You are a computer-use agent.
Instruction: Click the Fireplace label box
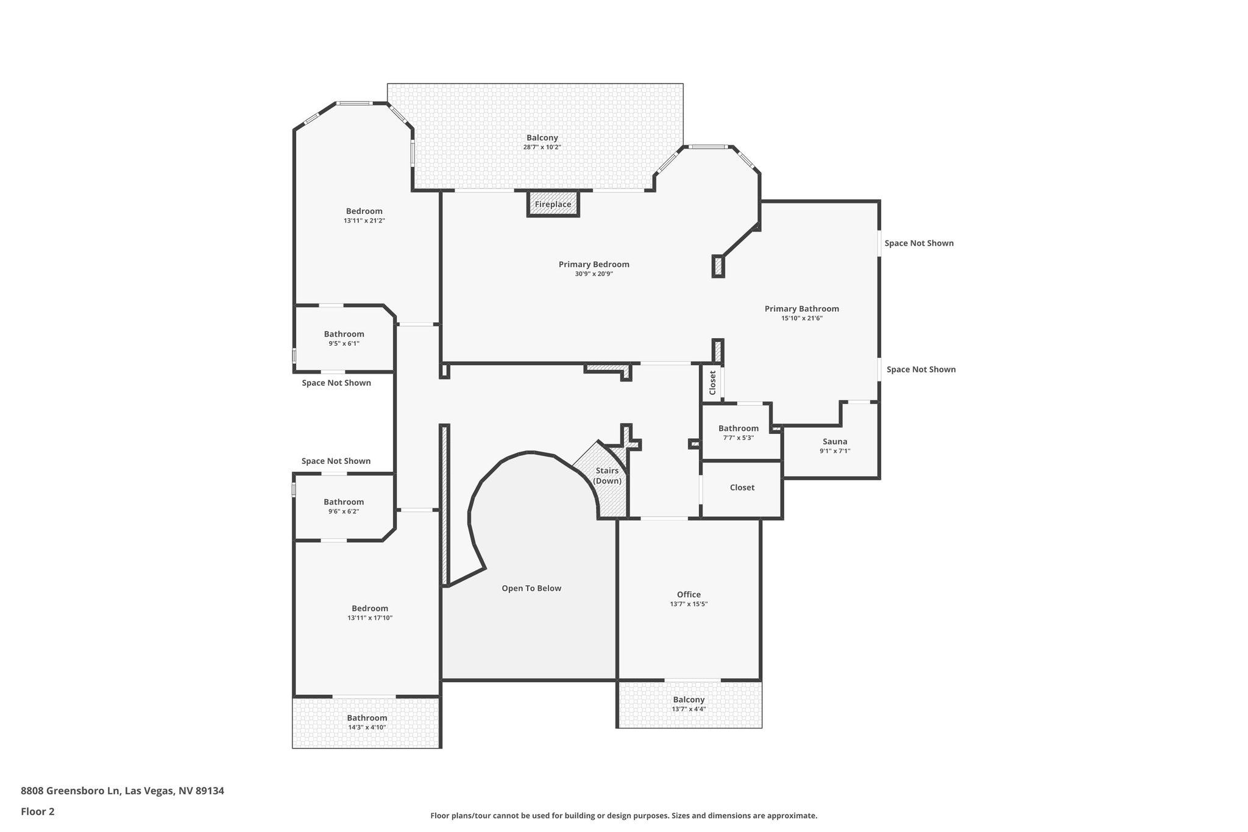click(553, 204)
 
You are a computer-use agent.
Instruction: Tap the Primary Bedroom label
click(594, 265)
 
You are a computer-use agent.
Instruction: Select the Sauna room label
click(835, 442)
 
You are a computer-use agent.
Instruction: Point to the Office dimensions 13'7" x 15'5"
click(689, 604)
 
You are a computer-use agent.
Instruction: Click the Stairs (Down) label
click(608, 476)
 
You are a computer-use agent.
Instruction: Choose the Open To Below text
click(531, 588)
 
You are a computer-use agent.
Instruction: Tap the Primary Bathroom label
click(802, 309)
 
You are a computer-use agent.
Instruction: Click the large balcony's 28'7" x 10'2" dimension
click(542, 147)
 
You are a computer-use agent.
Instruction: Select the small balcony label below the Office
click(689, 700)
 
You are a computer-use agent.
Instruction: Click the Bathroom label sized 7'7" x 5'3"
click(739, 428)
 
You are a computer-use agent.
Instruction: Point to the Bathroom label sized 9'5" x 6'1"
click(344, 334)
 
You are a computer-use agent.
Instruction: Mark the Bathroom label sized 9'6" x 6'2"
click(344, 502)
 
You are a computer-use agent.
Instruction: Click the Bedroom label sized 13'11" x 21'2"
click(364, 212)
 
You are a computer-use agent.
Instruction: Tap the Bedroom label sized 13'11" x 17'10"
click(370, 608)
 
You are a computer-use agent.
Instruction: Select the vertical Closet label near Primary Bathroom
click(712, 383)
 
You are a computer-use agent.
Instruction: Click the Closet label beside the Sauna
click(742, 488)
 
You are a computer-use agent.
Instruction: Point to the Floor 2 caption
click(38, 811)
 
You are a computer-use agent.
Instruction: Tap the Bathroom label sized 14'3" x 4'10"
click(367, 718)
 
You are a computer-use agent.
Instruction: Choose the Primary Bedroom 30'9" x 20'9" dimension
click(594, 274)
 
